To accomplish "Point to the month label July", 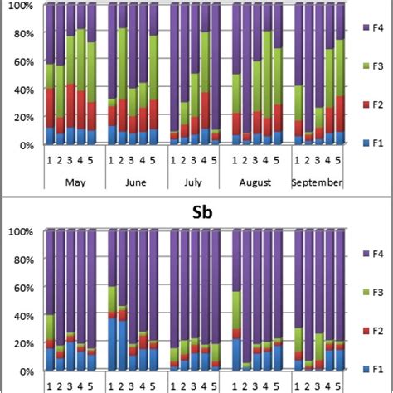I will tap(192, 182).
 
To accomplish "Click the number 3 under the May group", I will tap(70, 160).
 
